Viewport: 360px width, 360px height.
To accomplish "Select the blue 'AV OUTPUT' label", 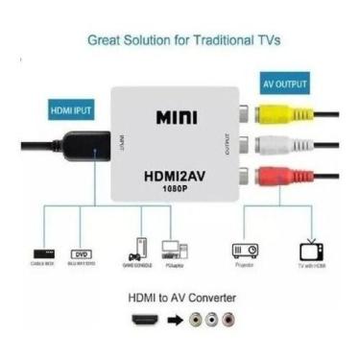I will pyautogui.click(x=284, y=84).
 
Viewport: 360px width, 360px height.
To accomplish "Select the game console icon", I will pyautogui.click(x=138, y=245).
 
